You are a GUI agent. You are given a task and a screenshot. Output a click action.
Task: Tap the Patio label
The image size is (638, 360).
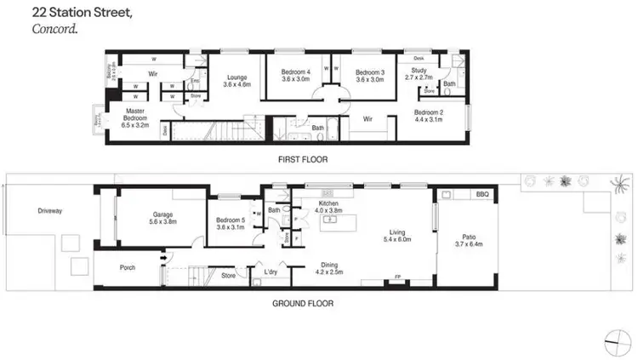469,240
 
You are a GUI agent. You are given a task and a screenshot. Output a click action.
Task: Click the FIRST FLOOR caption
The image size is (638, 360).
303,159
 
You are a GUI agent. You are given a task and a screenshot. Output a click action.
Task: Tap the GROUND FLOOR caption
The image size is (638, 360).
304,303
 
